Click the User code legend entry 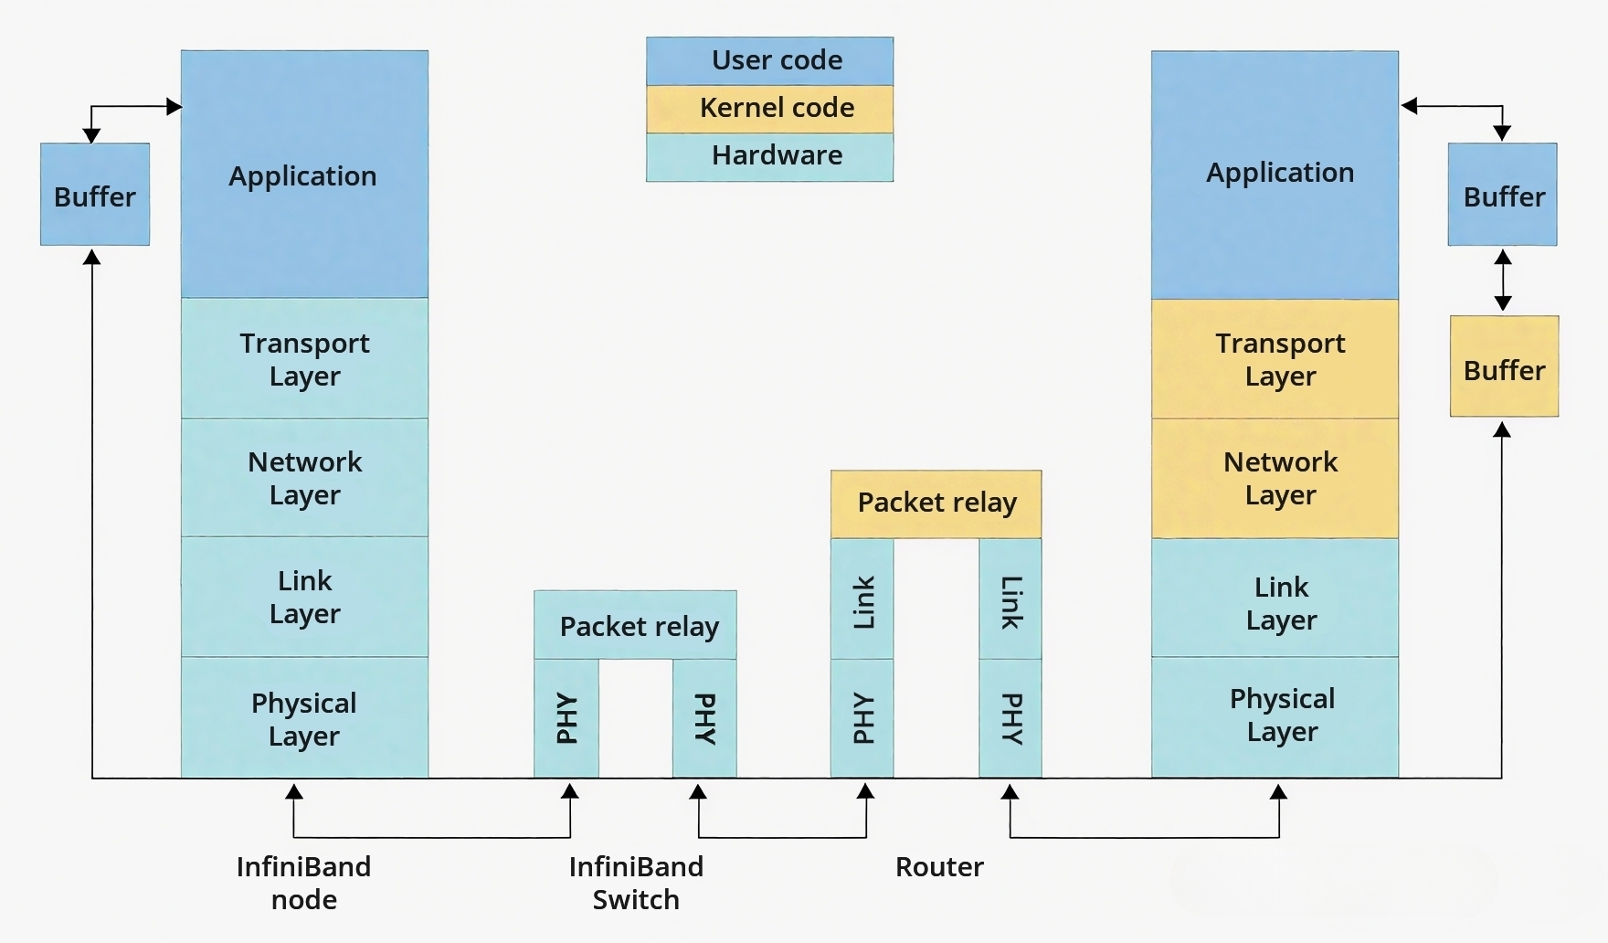[769, 61]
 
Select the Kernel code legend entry [769, 110]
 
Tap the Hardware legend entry [769, 157]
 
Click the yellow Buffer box [1504, 366]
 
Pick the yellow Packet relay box [936, 503]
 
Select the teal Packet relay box [635, 625]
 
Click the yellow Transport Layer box [1275, 359]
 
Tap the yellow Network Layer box [1275, 478]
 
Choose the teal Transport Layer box [304, 358]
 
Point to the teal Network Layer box [304, 477]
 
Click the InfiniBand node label [304, 883]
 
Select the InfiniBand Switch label [636, 883]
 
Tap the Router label [939, 866]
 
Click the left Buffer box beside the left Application [95, 194]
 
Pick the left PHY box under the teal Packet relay [566, 718]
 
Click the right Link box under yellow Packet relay [1010, 599]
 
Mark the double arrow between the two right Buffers [1503, 281]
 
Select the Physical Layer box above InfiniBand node [304, 717]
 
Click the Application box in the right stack [1275, 175]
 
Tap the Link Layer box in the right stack [1275, 598]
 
